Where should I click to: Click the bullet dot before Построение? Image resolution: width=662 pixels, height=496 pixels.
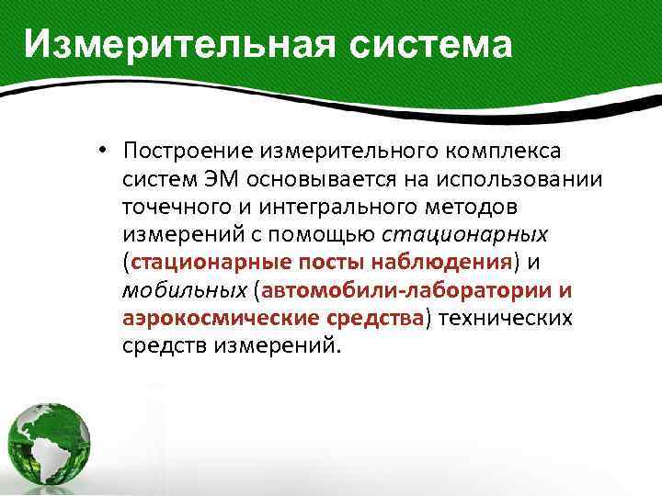click(107, 150)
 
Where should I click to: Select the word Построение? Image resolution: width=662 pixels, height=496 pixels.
click(188, 150)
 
